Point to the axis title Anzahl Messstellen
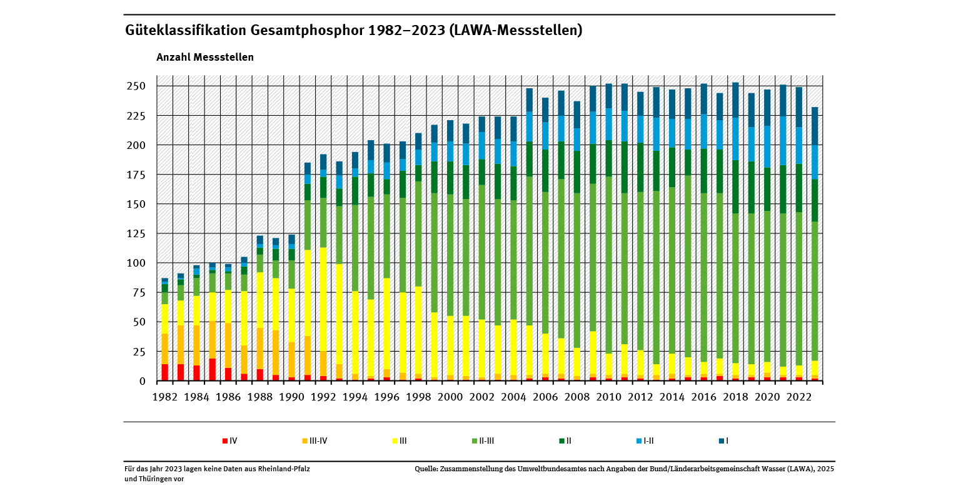pyautogui.click(x=205, y=57)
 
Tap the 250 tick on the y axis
pyautogui.click(x=137, y=86)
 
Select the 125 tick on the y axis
pyautogui.click(x=137, y=233)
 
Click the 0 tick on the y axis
pyautogui.click(x=142, y=381)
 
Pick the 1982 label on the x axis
pyautogui.click(x=164, y=397)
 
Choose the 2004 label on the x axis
pyautogui.click(x=514, y=397)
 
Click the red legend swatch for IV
pyautogui.click(x=224, y=441)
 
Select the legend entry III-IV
pyautogui.click(x=314, y=441)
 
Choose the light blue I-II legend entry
pyautogui.click(x=645, y=441)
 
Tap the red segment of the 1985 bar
pyautogui.click(x=213, y=370)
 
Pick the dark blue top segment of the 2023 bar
pyautogui.click(x=815, y=126)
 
